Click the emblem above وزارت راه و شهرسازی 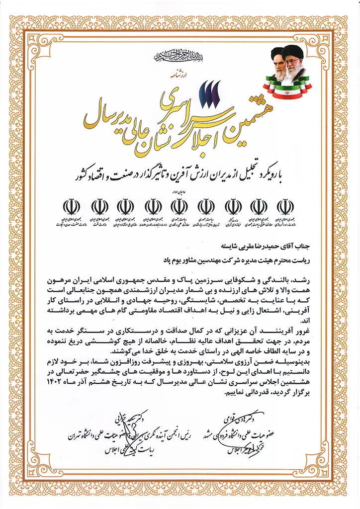[285, 206]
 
